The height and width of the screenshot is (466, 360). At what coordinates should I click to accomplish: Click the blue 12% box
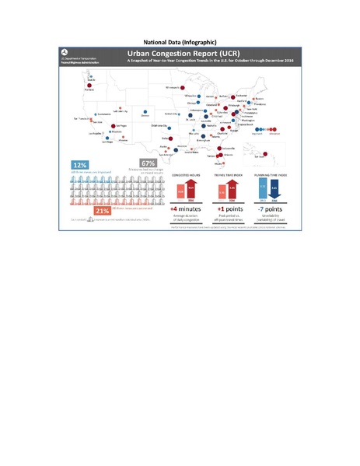pos(79,165)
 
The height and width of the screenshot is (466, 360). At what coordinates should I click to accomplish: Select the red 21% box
pos(103,210)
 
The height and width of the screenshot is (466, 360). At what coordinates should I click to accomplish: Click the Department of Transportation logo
pos(65,56)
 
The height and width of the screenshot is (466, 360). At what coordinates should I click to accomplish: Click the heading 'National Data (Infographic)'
pos(180,40)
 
